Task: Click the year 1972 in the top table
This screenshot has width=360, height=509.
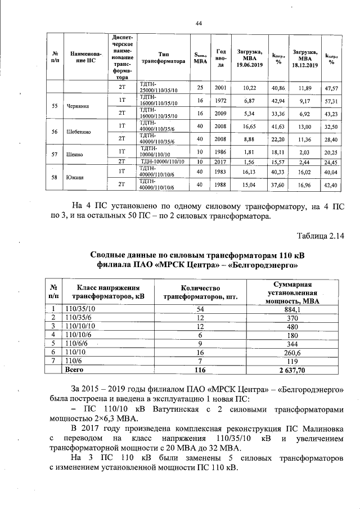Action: pyautogui.click(x=221, y=100)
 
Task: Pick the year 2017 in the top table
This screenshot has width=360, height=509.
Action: pyautogui.click(x=221, y=161)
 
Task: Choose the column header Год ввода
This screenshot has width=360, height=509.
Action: pyautogui.click(x=221, y=58)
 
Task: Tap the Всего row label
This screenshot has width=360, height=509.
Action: pyautogui.click(x=74, y=370)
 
